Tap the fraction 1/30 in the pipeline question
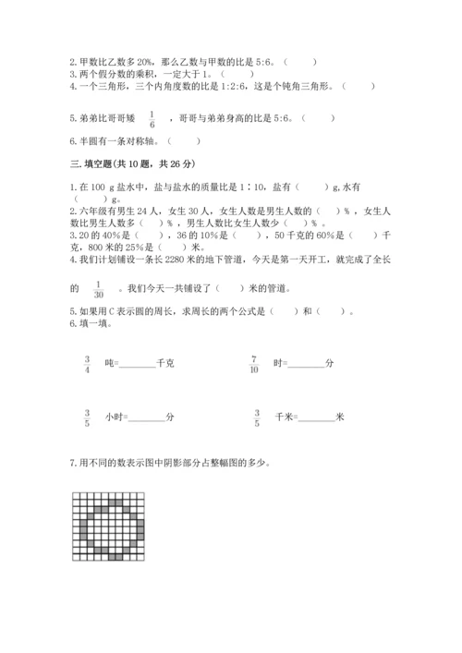[x=98, y=289]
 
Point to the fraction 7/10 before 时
[x=255, y=363]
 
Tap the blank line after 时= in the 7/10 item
[x=306, y=366]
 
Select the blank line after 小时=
[x=148, y=420]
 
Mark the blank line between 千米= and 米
[x=318, y=420]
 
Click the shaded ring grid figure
[x=108, y=526]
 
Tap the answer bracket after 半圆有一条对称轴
[x=184, y=141]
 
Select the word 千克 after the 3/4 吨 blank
[x=166, y=364]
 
